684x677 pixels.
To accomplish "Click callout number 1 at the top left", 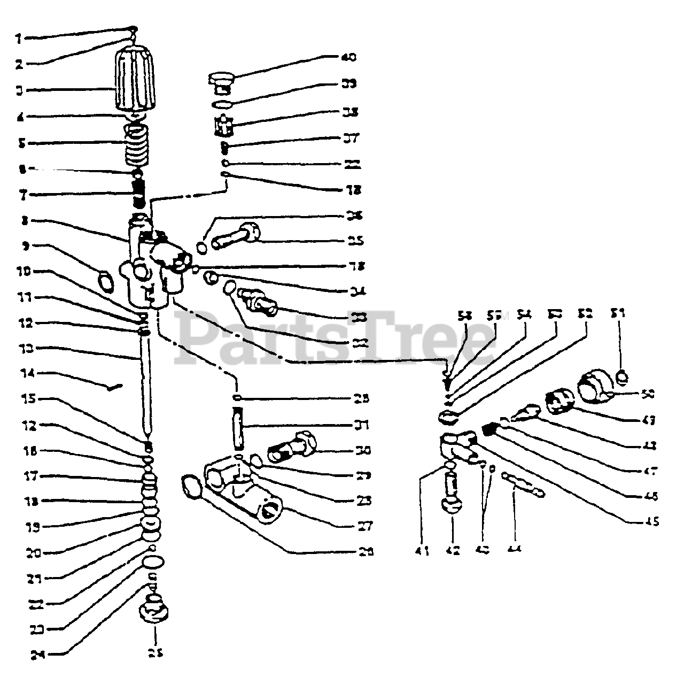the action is pyautogui.click(x=19, y=39).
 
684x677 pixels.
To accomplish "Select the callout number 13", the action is pyautogui.click(x=26, y=349).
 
